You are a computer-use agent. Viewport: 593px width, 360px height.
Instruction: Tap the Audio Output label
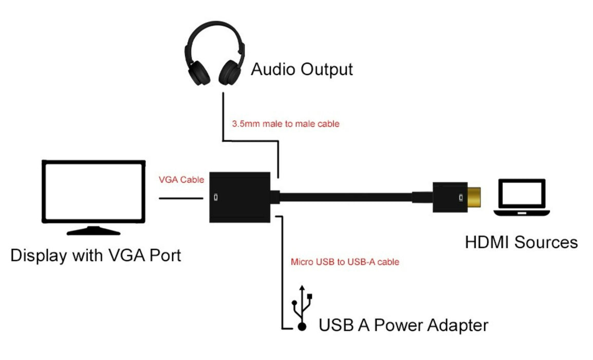tap(302, 69)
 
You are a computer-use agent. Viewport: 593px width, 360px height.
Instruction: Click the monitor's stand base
tap(93, 231)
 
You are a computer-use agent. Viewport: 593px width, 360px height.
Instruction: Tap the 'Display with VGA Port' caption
tap(96, 255)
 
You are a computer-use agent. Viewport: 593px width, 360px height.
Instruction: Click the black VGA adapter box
tap(240, 197)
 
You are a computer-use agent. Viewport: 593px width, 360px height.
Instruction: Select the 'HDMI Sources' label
tap(521, 242)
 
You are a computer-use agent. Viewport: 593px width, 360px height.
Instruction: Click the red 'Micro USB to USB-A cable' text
tap(345, 262)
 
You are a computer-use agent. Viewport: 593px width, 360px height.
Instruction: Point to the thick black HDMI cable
tap(355, 197)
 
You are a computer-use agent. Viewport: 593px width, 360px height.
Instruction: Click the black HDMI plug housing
tap(449, 197)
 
